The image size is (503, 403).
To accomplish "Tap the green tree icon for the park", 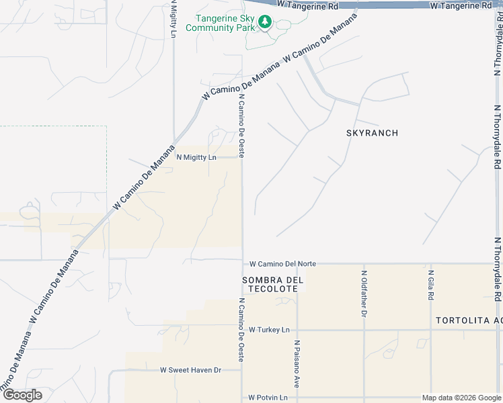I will pyautogui.click(x=265, y=23).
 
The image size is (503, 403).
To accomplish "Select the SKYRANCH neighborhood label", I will pyautogui.click(x=372, y=133).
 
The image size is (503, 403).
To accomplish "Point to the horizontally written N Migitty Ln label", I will pyautogui.click(x=196, y=157).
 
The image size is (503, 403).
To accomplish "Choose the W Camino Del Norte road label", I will pyautogui.click(x=282, y=265).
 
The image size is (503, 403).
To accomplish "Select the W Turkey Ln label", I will pyautogui.click(x=268, y=330).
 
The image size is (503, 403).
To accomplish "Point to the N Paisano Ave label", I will pyautogui.click(x=296, y=363).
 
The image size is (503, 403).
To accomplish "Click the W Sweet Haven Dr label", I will pyautogui.click(x=190, y=370).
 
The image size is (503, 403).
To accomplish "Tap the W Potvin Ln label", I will pyautogui.click(x=268, y=398).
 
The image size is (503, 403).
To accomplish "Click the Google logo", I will pyautogui.click(x=22, y=395).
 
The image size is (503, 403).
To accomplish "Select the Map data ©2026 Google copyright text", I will pyautogui.click(x=461, y=398).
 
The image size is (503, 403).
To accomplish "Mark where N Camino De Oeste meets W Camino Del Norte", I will pyautogui.click(x=243, y=262).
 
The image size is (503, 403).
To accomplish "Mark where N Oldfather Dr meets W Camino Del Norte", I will pyautogui.click(x=364, y=263).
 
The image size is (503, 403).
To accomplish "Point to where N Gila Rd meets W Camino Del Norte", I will pyautogui.click(x=430, y=263).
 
